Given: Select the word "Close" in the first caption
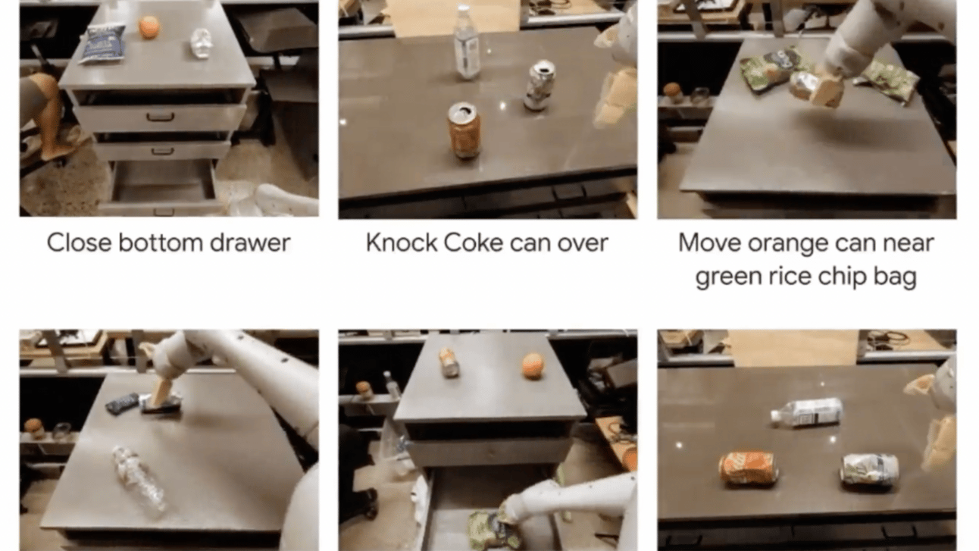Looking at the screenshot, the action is pos(79,243).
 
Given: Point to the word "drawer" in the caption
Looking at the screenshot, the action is pos(250,243).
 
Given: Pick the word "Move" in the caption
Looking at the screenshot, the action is pos(709,243).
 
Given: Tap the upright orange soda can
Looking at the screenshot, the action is pos(464,130).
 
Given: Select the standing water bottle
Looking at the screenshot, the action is pos(468,42).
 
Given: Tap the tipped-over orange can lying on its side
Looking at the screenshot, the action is pos(747,468).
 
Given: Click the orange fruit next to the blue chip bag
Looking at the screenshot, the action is pos(149,27).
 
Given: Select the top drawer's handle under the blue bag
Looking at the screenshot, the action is pos(161,117).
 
